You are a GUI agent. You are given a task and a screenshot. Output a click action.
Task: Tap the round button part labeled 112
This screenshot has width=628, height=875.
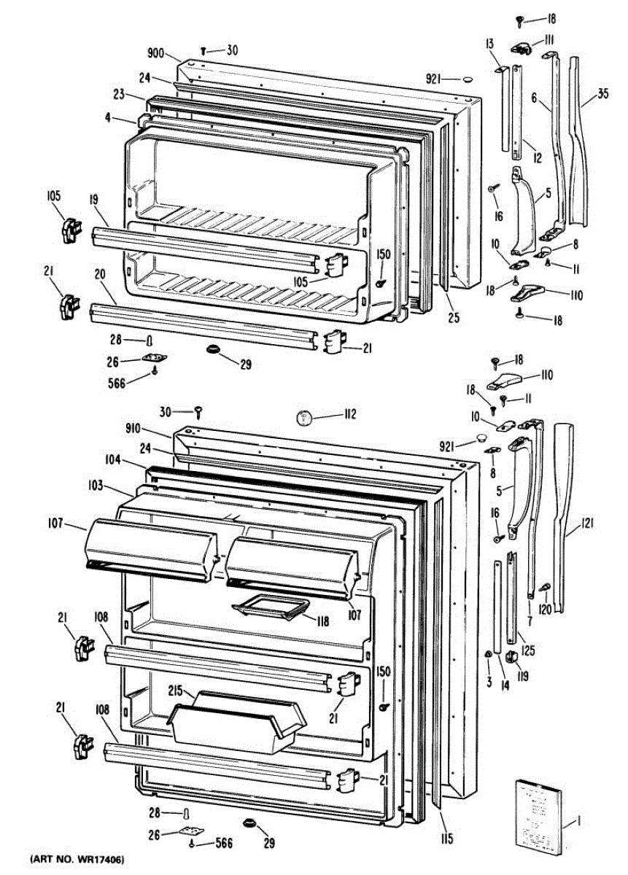click(x=304, y=418)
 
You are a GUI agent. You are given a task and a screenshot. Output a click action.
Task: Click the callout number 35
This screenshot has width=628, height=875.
click(x=602, y=93)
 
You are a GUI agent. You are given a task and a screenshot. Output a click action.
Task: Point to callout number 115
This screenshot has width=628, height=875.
click(x=446, y=839)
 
